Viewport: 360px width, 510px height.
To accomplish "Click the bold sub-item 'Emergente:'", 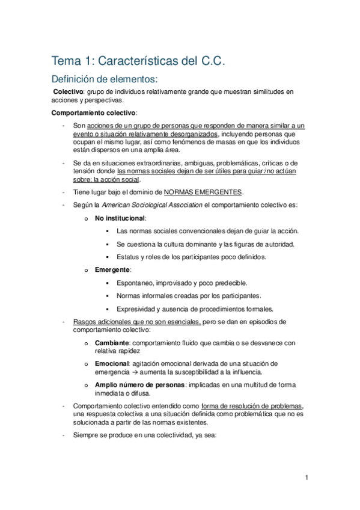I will click(113, 269).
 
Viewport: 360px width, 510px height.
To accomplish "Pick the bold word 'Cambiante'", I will click(112, 342).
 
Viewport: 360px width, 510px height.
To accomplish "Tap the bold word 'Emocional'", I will click(112, 363).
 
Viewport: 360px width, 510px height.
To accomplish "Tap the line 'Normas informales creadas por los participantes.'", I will click(189, 296).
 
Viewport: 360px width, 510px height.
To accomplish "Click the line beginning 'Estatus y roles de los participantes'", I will click(191, 257).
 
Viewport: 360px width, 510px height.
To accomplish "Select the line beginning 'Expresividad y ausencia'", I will click(195, 309).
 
